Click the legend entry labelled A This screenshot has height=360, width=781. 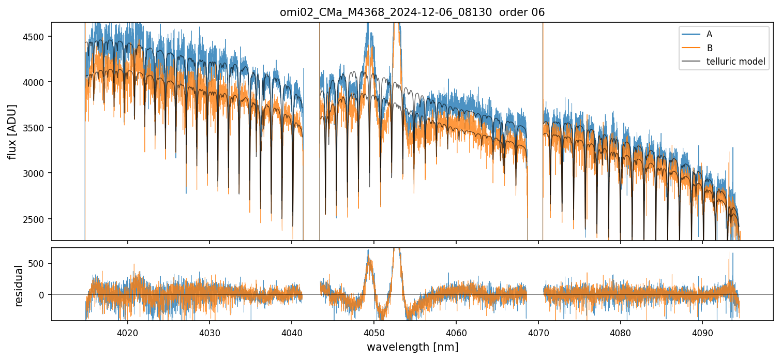click(x=709, y=34)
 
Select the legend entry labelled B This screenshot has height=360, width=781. click(x=709, y=48)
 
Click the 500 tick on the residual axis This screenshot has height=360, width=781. click(x=40, y=263)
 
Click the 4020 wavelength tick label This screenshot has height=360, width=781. click(x=127, y=332)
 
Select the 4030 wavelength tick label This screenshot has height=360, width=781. click(x=209, y=332)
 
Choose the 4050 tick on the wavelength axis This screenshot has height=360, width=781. click(x=374, y=332)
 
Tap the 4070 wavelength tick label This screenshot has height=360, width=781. click(x=538, y=332)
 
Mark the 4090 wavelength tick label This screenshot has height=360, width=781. click(x=702, y=332)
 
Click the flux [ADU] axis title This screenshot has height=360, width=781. click(x=12, y=131)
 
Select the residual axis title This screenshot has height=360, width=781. click(x=19, y=286)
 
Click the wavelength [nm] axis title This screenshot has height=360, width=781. click(x=412, y=347)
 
